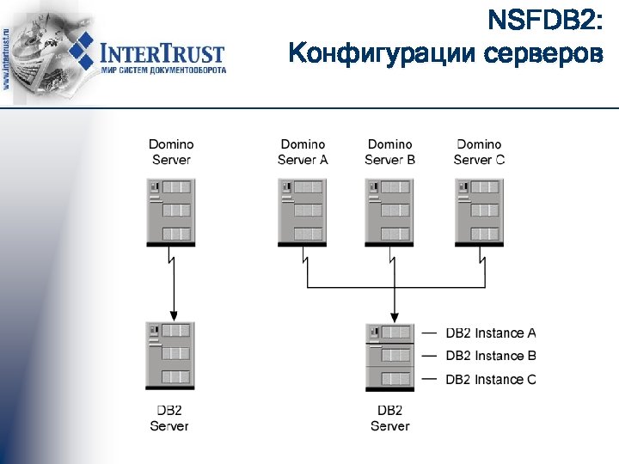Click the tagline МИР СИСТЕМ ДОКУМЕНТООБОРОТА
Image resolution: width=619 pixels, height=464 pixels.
[x=163, y=70]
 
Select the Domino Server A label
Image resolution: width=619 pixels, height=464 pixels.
[x=303, y=151]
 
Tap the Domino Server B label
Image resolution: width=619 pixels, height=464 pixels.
[x=389, y=151]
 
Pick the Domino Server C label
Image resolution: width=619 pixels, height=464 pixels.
[x=479, y=151]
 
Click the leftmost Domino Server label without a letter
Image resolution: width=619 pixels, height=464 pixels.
[x=171, y=151]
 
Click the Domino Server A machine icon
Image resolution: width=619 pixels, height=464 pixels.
[x=302, y=211]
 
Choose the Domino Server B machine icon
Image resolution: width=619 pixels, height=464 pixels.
[x=389, y=211]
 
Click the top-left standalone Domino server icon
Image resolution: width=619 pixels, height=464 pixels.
[x=171, y=211]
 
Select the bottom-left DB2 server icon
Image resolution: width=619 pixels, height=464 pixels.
[x=170, y=356]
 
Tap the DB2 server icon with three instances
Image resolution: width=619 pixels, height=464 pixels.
[x=390, y=356]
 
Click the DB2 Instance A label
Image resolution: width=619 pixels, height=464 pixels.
[x=491, y=333]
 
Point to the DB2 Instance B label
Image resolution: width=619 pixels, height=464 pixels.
[x=491, y=356]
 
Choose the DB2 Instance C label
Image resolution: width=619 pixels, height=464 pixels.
[x=491, y=379]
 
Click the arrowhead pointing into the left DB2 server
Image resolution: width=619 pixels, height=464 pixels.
[x=174, y=314]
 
